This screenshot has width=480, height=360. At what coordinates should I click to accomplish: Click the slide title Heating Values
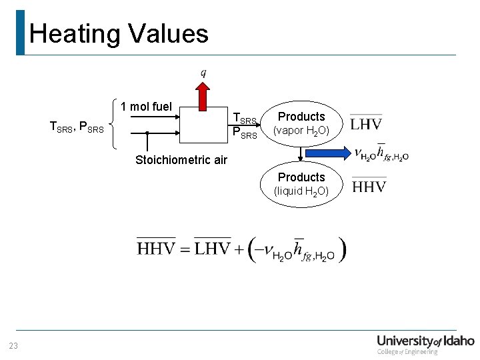[x=119, y=33]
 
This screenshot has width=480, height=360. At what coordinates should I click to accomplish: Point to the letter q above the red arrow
[x=203, y=72]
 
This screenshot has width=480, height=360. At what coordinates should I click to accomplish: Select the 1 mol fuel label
[x=146, y=107]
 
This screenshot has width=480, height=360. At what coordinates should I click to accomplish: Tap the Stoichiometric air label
[x=181, y=160]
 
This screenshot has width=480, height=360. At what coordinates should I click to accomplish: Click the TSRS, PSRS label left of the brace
[x=77, y=126]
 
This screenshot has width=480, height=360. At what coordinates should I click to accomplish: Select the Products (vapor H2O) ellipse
[x=301, y=123]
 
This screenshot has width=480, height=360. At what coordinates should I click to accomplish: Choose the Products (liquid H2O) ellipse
[x=301, y=184]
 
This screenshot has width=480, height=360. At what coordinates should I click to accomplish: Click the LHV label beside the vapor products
[x=366, y=124]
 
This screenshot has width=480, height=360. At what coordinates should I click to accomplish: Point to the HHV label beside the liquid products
[x=369, y=186]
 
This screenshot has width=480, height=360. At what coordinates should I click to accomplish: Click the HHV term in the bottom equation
[x=156, y=249]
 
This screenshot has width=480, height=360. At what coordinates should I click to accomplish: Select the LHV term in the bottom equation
[x=213, y=249]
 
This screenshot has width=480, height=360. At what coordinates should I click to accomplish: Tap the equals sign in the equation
[x=185, y=250]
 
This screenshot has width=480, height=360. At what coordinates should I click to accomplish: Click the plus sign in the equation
[x=239, y=250]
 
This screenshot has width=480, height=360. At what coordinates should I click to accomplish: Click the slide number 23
[x=13, y=345]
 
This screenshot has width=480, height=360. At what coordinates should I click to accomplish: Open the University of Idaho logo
[x=425, y=343]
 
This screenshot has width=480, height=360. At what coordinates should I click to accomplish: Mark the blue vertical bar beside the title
[x=20, y=32]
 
